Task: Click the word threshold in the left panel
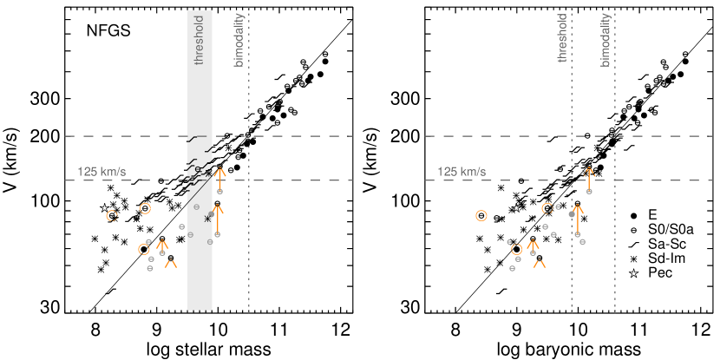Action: coord(200,40)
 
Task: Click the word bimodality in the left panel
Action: coord(239,40)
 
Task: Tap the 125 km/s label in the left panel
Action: coord(101,172)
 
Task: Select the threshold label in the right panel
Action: coord(562,38)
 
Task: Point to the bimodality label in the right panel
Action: coord(605,40)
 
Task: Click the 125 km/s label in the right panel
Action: coord(461,172)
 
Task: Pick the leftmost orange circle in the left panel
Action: coord(112,215)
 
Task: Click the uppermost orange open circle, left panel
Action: coord(145,208)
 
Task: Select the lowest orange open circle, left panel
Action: coord(144,249)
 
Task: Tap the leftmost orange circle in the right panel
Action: coord(481,215)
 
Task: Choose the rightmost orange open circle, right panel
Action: coord(547,208)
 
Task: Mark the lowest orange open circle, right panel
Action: coord(517,249)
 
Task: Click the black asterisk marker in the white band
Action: coord(207,219)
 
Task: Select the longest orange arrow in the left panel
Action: coord(218,219)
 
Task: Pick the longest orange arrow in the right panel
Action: coord(578,219)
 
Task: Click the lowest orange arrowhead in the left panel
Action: coord(171,262)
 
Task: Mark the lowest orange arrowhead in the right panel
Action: coord(540,262)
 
